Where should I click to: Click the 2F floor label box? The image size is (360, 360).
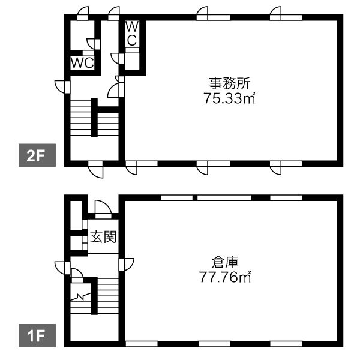click(37, 155)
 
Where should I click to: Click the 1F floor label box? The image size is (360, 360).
click(37, 335)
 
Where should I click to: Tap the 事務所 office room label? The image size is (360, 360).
click(229, 83)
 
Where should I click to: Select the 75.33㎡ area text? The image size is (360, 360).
click(229, 98)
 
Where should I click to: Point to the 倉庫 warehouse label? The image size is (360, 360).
click(225, 262)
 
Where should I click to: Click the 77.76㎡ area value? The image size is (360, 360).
click(225, 277)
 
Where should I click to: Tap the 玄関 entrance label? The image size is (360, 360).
click(103, 236)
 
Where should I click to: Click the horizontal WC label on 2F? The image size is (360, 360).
click(82, 62)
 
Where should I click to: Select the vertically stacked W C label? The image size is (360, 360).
click(132, 34)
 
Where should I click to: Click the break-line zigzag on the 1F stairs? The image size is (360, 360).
click(80, 297)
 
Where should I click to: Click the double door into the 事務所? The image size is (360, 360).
click(116, 86)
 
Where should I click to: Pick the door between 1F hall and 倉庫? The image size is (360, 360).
click(126, 265)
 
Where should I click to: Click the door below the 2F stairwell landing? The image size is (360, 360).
click(96, 169)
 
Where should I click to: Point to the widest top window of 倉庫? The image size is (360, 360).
click(224, 197)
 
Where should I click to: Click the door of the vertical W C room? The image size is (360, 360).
click(118, 59)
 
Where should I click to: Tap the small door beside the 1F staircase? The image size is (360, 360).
click(77, 275)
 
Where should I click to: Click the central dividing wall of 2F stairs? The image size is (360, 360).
click(94, 118)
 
